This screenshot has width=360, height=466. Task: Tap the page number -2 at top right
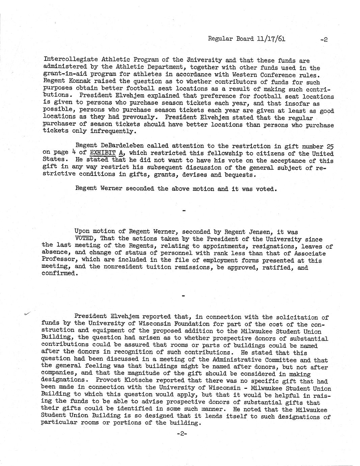tap(324, 40)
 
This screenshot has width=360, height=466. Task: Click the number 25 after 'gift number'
tap(330, 146)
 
